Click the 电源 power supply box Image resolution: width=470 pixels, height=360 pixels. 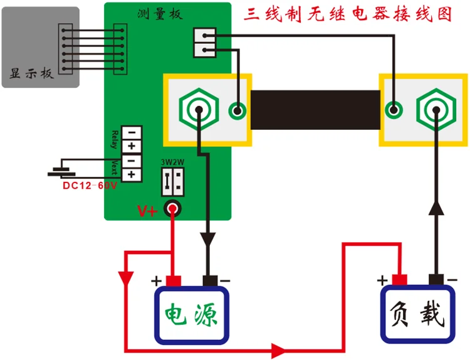coord(192,315)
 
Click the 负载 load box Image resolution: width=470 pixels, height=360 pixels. coord(418,314)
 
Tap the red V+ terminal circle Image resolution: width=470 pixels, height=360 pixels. coord(173,208)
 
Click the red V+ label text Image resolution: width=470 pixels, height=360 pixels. coord(147,211)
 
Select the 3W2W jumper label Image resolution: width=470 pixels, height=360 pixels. coord(172,162)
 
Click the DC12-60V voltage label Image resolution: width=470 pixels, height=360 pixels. coord(90,186)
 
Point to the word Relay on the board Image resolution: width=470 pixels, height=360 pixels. coord(114,139)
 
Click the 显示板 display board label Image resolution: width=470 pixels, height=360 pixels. coord(31,73)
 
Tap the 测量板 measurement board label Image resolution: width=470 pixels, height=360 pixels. coord(160,14)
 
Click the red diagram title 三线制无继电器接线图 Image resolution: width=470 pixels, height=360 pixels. coord(348,14)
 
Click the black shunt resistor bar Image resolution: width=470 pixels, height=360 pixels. coord(315,110)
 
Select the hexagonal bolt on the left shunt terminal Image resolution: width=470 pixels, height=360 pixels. coord(199,110)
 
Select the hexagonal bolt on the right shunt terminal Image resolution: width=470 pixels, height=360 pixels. coord(436,110)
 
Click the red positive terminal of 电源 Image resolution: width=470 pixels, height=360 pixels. coord(174,281)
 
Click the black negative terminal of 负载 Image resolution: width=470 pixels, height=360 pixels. coord(436,279)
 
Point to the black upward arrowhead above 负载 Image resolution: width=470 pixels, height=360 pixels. coord(436,208)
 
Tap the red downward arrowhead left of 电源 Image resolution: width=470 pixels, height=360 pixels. coord(126,278)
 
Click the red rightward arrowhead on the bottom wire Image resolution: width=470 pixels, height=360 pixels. coord(279,350)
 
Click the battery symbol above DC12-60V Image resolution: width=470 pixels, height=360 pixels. coord(61,172)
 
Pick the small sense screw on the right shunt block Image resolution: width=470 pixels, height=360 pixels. coord(394,110)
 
